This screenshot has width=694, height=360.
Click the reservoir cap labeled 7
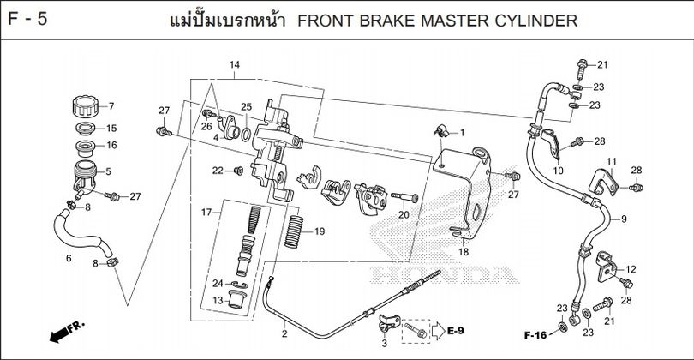click(84, 108)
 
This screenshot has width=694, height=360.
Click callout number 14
click(235, 66)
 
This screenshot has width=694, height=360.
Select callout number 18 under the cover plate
click(463, 253)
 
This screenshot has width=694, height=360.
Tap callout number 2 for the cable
click(284, 333)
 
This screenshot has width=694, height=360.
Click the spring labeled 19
click(295, 231)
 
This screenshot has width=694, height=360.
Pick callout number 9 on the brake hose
click(624, 219)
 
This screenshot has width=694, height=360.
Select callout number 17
click(206, 212)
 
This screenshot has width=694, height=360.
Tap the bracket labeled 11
click(605, 183)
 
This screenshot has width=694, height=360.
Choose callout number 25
click(246, 107)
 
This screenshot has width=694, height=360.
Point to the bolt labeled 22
click(237, 171)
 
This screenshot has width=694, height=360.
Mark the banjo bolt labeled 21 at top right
click(582, 66)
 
